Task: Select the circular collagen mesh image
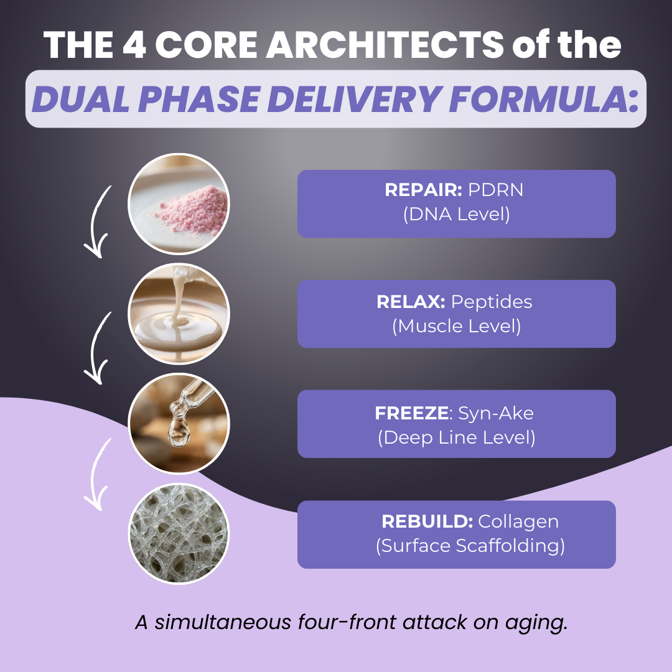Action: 179,534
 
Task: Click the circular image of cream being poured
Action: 179,314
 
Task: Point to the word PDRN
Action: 495,190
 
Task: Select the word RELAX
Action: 411,302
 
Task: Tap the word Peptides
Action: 492,302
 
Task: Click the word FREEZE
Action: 412,413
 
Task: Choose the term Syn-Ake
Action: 496,413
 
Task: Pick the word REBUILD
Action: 427,521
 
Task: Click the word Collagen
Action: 518,522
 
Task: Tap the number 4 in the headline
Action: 134,45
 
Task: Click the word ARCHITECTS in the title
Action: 385,45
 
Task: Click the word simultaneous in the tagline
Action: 223,622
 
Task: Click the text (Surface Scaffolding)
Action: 470,546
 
